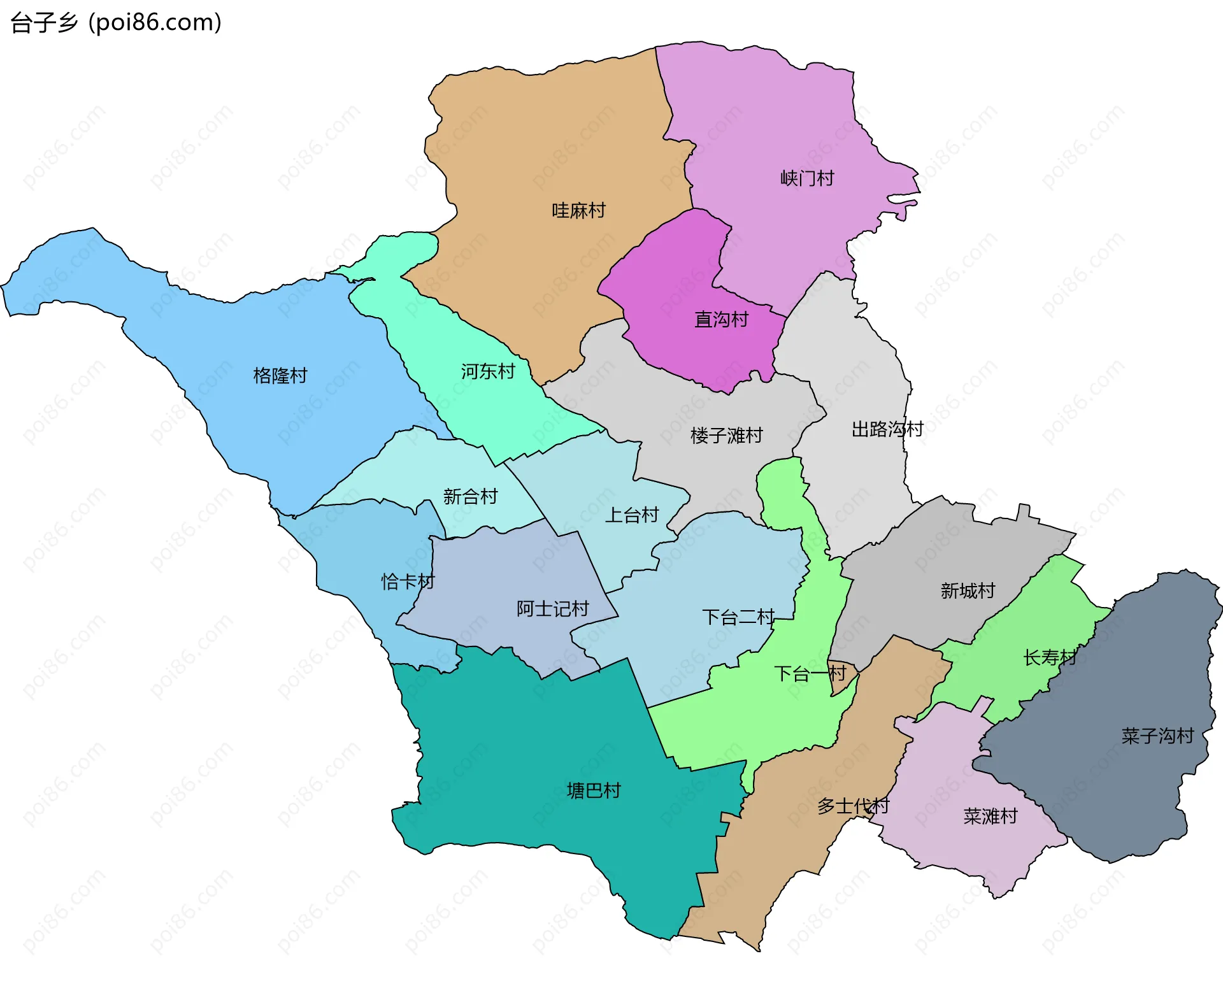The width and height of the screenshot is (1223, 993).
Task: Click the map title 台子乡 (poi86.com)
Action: click(x=116, y=23)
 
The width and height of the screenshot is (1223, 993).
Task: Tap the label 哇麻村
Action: click(x=578, y=211)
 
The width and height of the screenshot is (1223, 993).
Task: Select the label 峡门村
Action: click(x=807, y=178)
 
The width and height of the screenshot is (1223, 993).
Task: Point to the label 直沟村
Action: click(x=721, y=320)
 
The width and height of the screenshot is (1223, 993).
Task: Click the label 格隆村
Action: click(x=280, y=376)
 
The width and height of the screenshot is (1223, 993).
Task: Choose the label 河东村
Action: click(x=488, y=372)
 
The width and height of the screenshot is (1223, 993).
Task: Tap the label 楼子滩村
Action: click(x=726, y=436)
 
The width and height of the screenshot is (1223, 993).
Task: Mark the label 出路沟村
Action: click(x=887, y=430)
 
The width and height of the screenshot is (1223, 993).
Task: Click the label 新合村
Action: click(x=470, y=497)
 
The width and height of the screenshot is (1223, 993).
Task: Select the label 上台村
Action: click(x=631, y=515)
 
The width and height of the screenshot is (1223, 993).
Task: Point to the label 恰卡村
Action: click(x=408, y=582)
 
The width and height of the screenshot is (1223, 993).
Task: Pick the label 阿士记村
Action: click(x=552, y=610)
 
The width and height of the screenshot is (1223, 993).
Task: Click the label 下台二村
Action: click(x=738, y=617)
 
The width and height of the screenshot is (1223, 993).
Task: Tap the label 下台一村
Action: click(x=810, y=674)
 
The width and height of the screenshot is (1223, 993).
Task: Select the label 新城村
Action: click(x=968, y=592)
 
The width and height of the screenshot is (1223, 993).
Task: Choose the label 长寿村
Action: click(x=1050, y=658)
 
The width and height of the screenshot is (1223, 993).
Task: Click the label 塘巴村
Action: click(x=594, y=791)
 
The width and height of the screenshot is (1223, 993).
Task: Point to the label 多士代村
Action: click(x=853, y=806)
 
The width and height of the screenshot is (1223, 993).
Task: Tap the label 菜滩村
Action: click(x=991, y=817)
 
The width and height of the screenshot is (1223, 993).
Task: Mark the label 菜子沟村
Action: click(x=1157, y=737)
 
